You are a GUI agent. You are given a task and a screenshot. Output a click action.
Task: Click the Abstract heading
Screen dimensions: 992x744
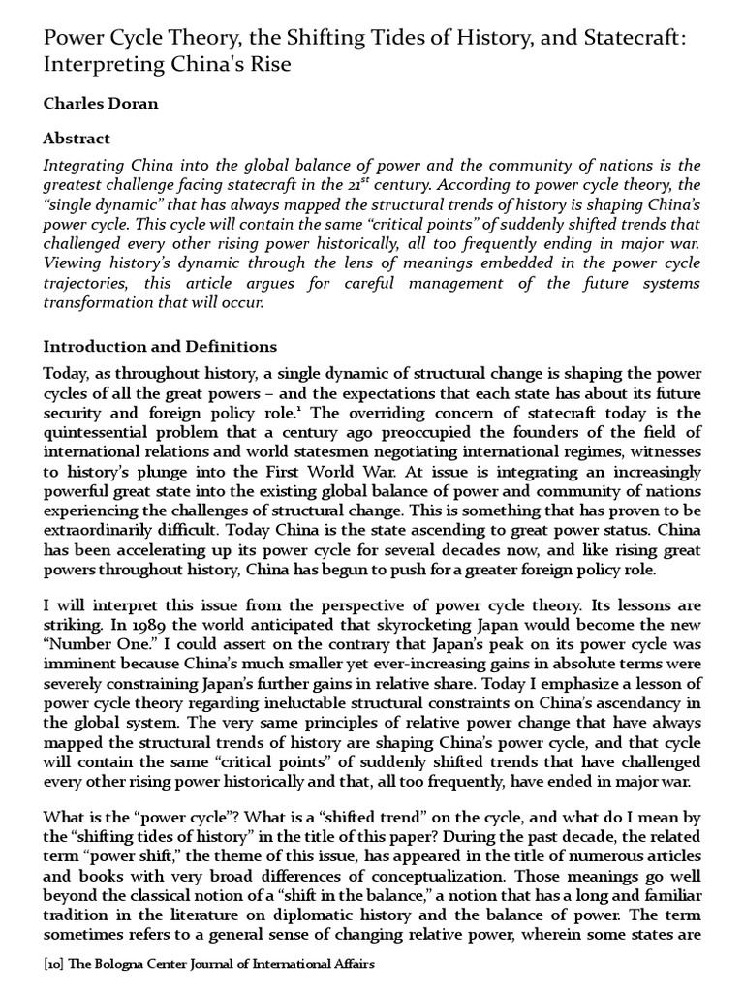click(77, 139)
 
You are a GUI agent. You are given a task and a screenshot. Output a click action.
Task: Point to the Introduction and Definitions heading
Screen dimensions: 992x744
click(160, 346)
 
